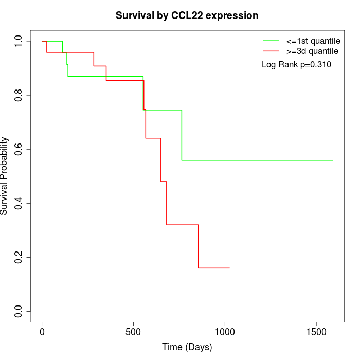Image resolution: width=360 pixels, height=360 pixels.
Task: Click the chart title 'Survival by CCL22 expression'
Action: pyautogui.click(x=187, y=16)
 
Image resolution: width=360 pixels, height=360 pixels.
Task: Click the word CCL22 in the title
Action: pyautogui.click(x=187, y=15)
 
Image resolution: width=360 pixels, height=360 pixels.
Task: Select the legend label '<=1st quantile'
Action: pyautogui.click(x=313, y=41)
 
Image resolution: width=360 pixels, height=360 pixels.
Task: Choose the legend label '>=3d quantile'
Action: pyautogui.click(x=312, y=51)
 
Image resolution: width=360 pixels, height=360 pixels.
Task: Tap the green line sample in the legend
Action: pyautogui.click(x=271, y=41)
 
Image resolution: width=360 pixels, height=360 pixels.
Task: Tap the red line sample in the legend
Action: pyautogui.click(x=271, y=51)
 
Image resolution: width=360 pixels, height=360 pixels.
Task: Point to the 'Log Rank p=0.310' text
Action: pyautogui.click(x=296, y=64)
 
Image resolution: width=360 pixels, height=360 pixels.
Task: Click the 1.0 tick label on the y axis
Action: pyautogui.click(x=18, y=41)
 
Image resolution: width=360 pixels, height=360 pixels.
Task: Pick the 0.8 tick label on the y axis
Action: pyautogui.click(x=18, y=95)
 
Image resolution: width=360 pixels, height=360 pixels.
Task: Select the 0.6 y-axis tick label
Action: pyautogui.click(x=18, y=149)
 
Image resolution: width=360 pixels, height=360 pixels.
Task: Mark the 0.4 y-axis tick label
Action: pyautogui.click(x=18, y=203)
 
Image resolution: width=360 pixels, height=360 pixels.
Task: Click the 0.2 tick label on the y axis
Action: pyautogui.click(x=18, y=257)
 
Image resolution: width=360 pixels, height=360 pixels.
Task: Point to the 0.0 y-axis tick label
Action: pyautogui.click(x=18, y=311)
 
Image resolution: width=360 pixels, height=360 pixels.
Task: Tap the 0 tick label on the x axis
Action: pyautogui.click(x=42, y=332)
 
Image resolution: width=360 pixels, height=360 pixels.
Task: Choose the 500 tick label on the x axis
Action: pyautogui.click(x=133, y=332)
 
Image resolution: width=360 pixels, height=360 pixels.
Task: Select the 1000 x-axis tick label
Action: pyautogui.click(x=225, y=332)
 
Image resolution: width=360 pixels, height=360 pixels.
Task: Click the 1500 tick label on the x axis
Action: pyautogui.click(x=316, y=332)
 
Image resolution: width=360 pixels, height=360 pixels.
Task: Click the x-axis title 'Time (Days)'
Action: pyautogui.click(x=187, y=347)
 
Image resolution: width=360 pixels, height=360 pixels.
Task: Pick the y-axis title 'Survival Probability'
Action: pyautogui.click(x=4, y=176)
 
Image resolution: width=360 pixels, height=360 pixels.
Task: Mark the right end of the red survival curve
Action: pyautogui.click(x=229, y=268)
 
